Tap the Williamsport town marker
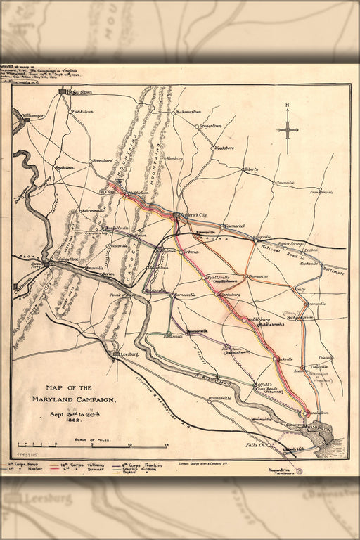coord(26,120)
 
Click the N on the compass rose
coord(287,106)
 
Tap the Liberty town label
coord(251,169)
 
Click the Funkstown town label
coord(82,111)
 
